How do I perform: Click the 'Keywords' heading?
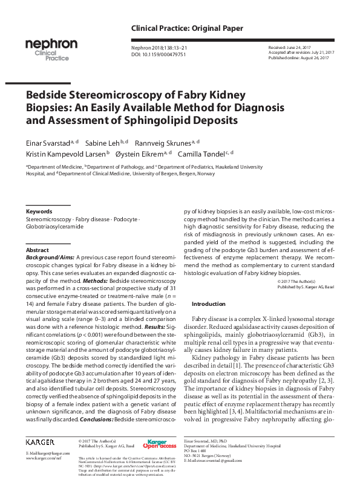pyautogui.click(x=39, y=212)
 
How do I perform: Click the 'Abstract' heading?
pyautogui.click(x=38, y=250)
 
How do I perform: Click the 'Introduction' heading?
pyautogui.click(x=208, y=303)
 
